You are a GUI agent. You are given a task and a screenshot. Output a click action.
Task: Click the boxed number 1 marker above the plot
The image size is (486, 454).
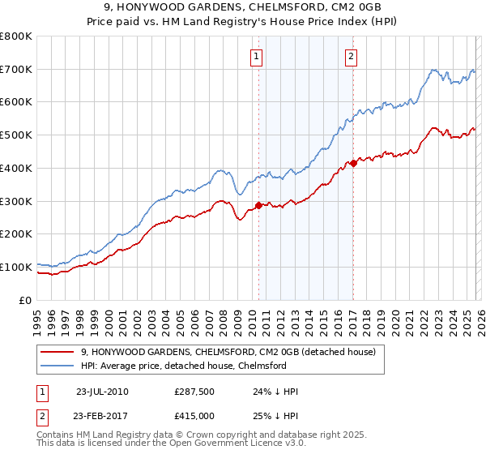pos(257,57)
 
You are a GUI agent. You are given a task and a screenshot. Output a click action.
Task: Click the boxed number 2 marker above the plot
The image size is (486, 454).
pos(352,57)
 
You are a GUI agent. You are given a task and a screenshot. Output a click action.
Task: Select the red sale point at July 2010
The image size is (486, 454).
pos(258,205)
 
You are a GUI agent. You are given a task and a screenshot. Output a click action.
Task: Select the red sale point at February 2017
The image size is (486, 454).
pos(353,164)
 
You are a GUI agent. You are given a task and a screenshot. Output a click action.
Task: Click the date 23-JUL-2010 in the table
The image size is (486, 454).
pos(102,392)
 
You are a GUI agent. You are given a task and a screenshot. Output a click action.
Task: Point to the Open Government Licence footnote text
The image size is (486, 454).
pos(178,443)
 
